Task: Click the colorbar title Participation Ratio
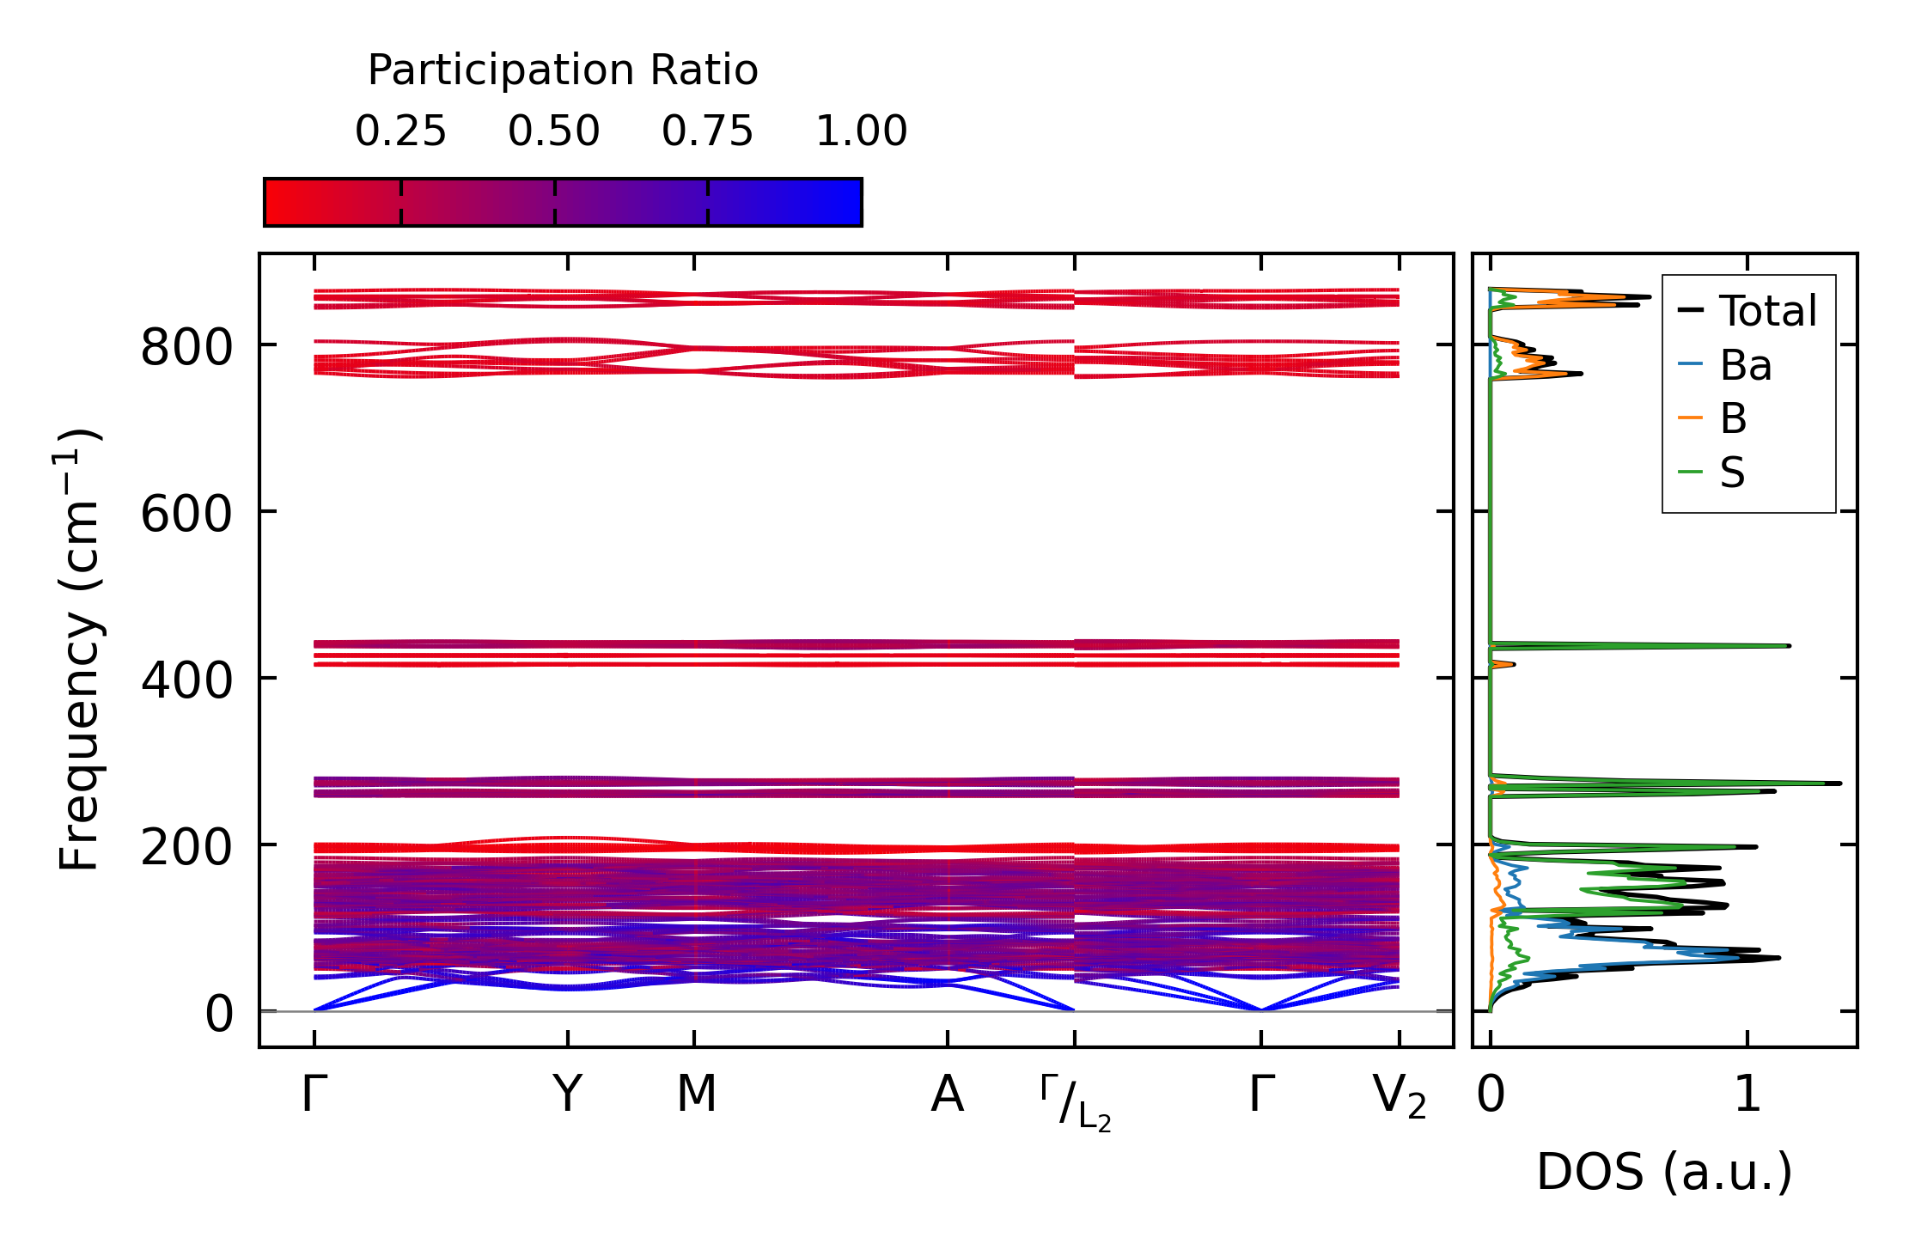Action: pyautogui.click(x=563, y=70)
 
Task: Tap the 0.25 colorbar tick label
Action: pyautogui.click(x=400, y=131)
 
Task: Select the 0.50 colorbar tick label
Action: pyautogui.click(x=554, y=131)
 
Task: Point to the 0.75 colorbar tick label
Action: pyautogui.click(x=707, y=131)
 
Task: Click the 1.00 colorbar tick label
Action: pyautogui.click(x=861, y=131)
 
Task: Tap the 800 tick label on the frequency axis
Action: pyautogui.click(x=186, y=349)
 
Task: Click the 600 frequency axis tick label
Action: pyautogui.click(x=186, y=515)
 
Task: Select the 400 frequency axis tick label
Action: pyautogui.click(x=186, y=681)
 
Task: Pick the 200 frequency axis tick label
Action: pyautogui.click(x=186, y=848)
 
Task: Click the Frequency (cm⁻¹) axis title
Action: pyautogui.click(x=80, y=650)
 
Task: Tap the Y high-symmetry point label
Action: pyautogui.click(x=567, y=1095)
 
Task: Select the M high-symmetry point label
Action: pyautogui.click(x=695, y=1095)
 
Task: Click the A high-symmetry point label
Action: pyautogui.click(x=947, y=1095)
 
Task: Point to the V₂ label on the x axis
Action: pyautogui.click(x=1400, y=1097)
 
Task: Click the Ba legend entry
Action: pyautogui.click(x=1745, y=365)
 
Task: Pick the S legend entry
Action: pyautogui.click(x=1732, y=472)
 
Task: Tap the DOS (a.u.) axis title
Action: pyautogui.click(x=1664, y=1172)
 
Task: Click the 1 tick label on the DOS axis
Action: pyautogui.click(x=1747, y=1095)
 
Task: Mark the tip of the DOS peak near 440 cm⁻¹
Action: pyautogui.click(x=1790, y=645)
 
